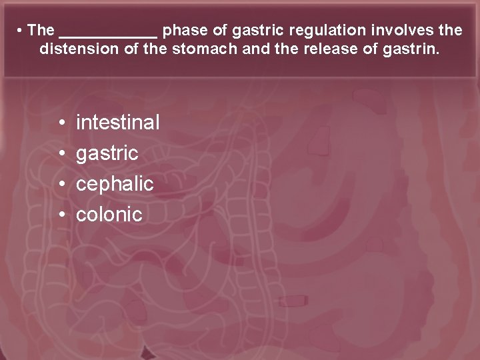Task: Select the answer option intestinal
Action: [x=118, y=122]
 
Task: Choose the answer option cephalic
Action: [x=115, y=183]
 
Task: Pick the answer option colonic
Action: [x=109, y=214]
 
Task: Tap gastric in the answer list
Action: [x=107, y=153]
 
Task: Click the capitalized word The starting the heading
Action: [x=41, y=30]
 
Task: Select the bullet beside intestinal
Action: [x=61, y=123]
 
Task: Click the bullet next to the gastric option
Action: [x=61, y=153]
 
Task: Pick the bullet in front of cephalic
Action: [x=61, y=184]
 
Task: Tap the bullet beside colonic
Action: [x=61, y=215]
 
